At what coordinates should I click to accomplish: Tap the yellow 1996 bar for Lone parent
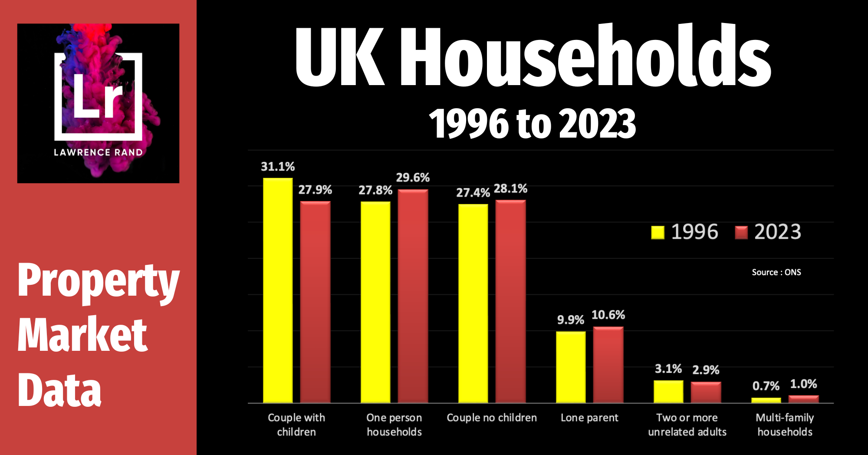571,367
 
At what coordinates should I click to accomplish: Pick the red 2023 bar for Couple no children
510,301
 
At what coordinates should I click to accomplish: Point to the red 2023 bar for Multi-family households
803,399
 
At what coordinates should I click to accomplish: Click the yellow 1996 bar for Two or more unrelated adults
668,392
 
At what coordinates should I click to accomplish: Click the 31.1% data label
278,167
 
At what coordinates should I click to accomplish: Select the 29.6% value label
413,178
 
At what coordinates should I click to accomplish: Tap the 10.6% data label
608,315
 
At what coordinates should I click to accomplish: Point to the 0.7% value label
766,386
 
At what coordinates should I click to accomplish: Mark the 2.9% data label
706,370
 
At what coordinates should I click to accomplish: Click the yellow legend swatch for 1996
658,232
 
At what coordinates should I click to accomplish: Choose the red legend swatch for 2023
741,232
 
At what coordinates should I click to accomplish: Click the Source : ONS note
776,272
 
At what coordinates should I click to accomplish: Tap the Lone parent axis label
589,418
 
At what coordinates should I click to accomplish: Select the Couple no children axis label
492,418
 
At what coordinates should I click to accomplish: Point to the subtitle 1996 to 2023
533,124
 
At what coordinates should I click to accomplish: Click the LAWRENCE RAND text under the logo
98,152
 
